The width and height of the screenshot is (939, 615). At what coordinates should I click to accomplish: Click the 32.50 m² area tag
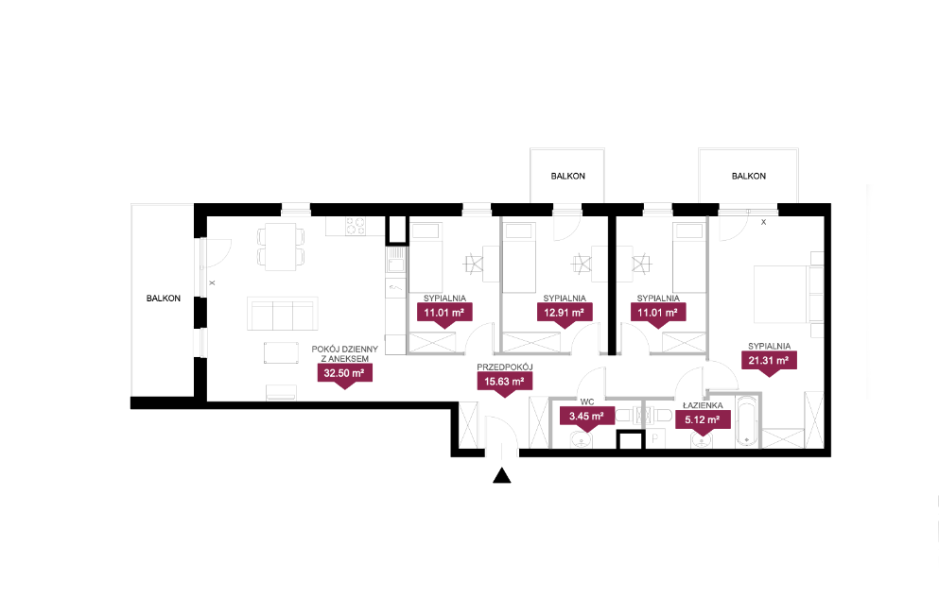[344, 374]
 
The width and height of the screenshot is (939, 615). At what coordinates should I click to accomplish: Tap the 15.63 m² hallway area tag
[504, 382]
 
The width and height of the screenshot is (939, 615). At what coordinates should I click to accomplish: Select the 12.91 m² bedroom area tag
[565, 313]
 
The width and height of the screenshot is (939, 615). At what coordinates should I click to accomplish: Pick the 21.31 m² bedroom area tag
[769, 361]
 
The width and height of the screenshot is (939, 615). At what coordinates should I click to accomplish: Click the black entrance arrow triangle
[502, 475]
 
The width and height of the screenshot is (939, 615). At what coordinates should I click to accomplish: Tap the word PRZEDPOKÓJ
[505, 367]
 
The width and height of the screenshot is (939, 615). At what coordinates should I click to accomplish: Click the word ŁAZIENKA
[703, 405]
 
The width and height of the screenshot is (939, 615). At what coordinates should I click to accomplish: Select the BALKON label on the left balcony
[164, 298]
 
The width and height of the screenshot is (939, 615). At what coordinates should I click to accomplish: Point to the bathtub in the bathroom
[747, 420]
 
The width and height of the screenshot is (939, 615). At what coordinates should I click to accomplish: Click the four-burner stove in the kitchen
[356, 226]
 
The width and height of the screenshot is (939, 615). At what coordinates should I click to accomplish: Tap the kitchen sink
[396, 262]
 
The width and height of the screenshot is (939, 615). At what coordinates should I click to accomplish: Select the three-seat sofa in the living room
[283, 314]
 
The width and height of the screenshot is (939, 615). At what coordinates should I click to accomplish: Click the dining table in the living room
[281, 246]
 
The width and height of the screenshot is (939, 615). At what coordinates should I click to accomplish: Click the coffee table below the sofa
[282, 352]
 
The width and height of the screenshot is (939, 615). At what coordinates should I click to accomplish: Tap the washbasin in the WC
[581, 441]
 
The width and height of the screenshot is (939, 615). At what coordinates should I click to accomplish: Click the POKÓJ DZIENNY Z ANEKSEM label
[345, 353]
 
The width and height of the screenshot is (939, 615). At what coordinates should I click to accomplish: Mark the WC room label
[587, 402]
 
